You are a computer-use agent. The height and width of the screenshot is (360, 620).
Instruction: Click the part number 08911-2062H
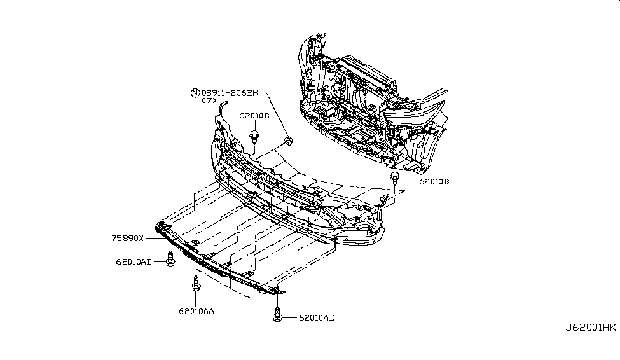tap(230, 93)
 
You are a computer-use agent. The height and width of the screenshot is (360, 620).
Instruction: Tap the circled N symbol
tap(195, 93)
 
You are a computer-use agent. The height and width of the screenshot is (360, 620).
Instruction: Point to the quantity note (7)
tap(209, 100)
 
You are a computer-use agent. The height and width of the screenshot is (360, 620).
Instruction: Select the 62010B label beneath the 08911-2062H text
tap(254, 116)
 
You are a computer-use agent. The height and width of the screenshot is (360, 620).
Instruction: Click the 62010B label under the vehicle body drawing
tap(434, 181)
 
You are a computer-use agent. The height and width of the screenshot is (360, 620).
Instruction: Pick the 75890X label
tap(127, 238)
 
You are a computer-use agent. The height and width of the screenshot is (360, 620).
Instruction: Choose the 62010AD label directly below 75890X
tap(134, 261)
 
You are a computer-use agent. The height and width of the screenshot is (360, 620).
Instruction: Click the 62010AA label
tap(196, 311)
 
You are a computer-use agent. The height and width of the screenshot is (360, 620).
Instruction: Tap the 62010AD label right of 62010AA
tap(317, 317)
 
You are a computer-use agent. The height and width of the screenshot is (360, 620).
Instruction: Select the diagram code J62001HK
tap(590, 328)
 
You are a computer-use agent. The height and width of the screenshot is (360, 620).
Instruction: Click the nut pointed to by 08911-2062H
tap(289, 141)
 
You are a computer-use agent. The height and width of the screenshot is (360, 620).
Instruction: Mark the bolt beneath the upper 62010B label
tap(254, 136)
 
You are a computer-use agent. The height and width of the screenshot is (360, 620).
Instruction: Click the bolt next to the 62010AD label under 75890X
tap(170, 259)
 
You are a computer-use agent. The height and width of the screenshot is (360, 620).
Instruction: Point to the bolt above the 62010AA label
tap(196, 284)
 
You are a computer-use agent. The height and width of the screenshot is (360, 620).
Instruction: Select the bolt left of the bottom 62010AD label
tap(277, 314)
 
